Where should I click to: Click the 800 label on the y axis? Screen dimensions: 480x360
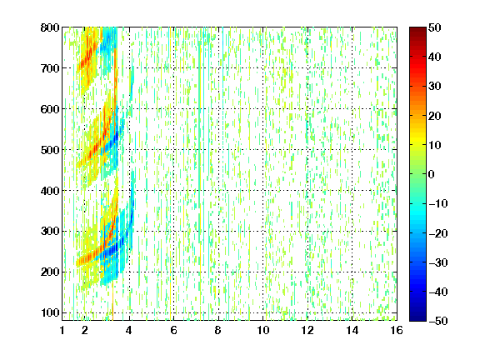[50, 27]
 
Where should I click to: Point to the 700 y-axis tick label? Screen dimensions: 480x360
[50, 68]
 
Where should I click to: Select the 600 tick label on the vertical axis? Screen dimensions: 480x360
[50, 109]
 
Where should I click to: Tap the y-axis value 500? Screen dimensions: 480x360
[50, 150]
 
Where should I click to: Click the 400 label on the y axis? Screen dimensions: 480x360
[50, 191]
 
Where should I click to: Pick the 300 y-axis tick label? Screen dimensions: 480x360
[50, 232]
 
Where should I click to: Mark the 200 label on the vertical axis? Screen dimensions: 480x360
[50, 272]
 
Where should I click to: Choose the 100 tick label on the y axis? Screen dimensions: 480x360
[50, 312]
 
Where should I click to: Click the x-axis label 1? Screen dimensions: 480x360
[62, 330]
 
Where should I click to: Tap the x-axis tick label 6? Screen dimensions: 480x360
[173, 330]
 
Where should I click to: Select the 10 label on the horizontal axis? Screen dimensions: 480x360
[263, 330]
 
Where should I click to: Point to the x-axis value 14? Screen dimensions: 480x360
[352, 330]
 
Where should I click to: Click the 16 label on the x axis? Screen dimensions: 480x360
[397, 330]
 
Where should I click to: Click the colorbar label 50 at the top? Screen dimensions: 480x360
[435, 27]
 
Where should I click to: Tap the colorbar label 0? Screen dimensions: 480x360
[432, 174]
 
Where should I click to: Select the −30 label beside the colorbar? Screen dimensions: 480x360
[438, 262]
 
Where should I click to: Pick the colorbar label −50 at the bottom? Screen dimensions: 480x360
[438, 321]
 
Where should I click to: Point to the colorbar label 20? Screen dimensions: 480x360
[435, 116]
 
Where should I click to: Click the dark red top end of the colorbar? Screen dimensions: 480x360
[417, 29]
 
